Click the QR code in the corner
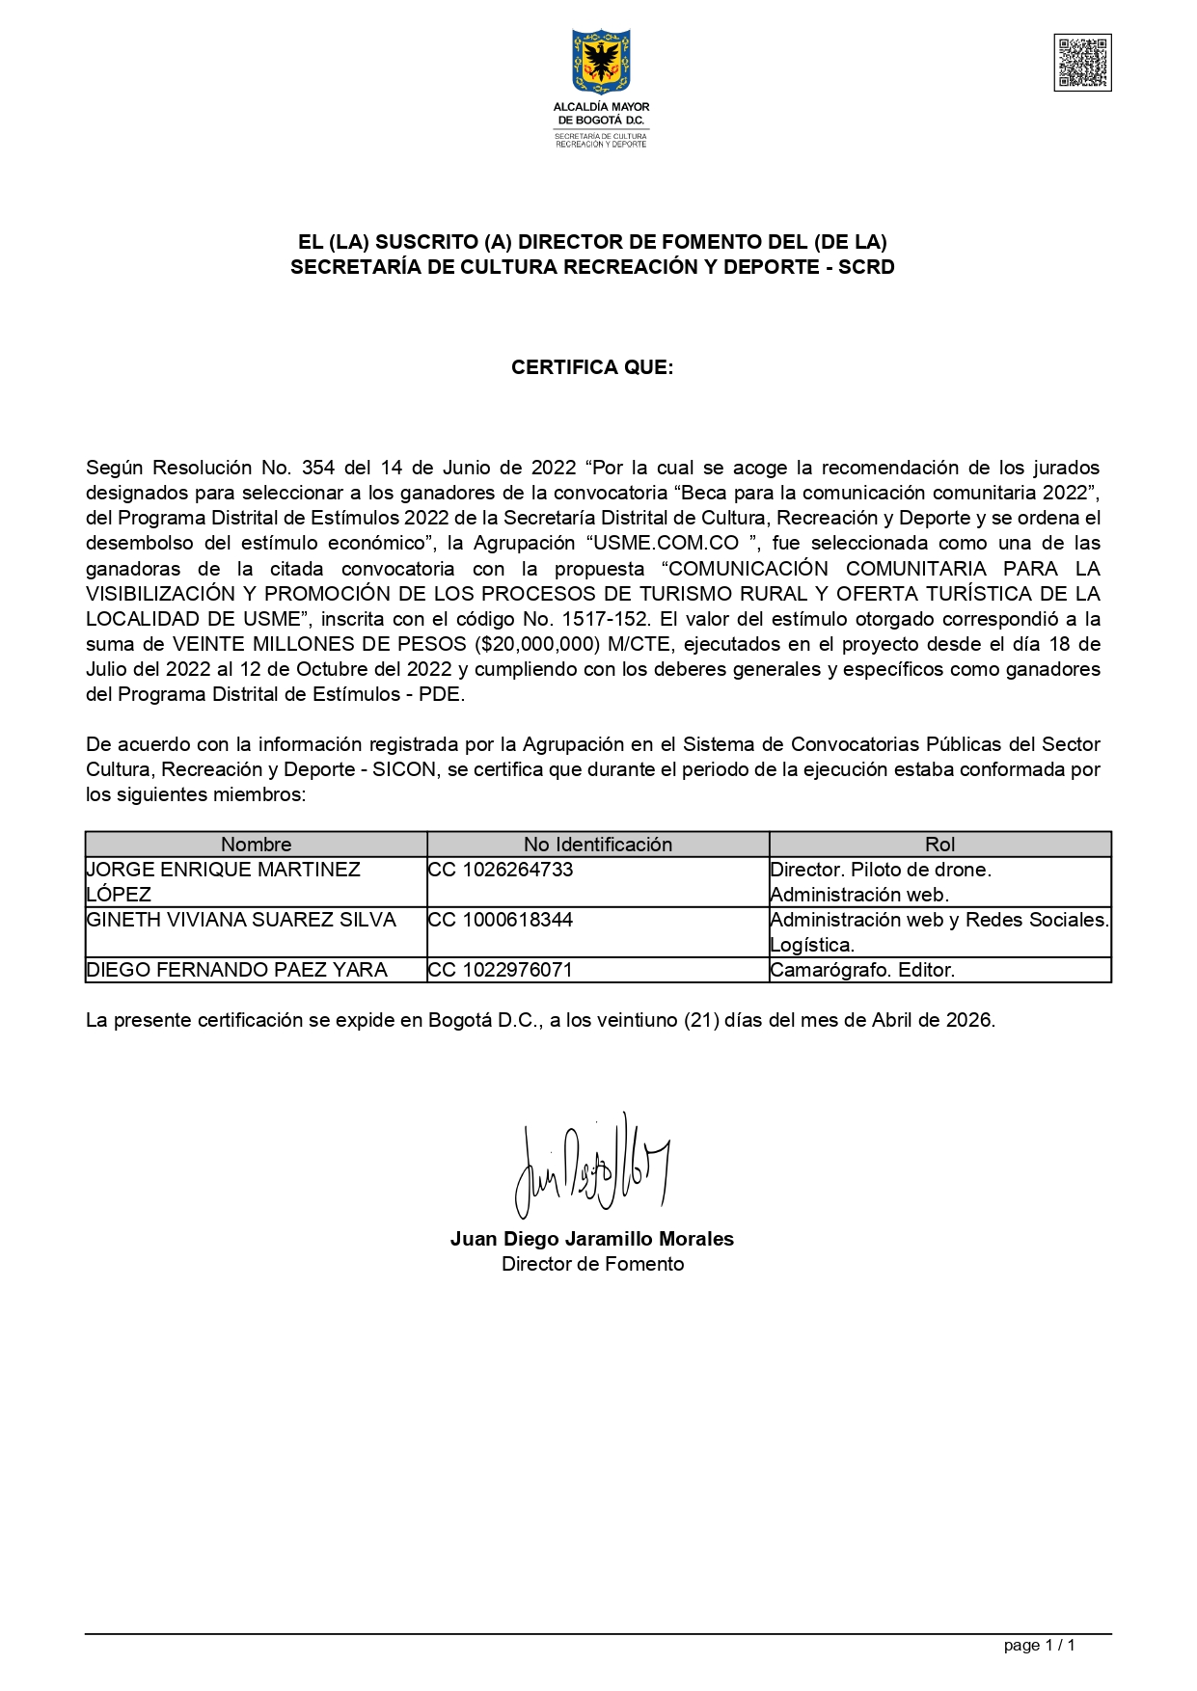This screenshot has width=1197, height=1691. click(x=1082, y=63)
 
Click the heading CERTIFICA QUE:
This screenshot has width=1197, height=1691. click(x=592, y=367)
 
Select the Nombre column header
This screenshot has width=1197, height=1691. click(x=256, y=845)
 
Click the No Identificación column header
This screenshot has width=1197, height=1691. click(x=598, y=845)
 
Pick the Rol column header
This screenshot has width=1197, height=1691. click(x=939, y=845)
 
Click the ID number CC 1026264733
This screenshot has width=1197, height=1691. click(x=501, y=870)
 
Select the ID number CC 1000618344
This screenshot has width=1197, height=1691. click(x=501, y=920)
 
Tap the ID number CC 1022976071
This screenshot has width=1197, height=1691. click(x=501, y=970)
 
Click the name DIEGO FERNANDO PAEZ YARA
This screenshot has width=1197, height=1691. click(x=237, y=970)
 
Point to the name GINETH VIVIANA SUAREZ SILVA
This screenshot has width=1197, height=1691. click(x=241, y=920)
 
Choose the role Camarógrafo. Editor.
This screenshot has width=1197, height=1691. click(x=862, y=970)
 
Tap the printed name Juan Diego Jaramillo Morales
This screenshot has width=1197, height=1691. click(x=592, y=1239)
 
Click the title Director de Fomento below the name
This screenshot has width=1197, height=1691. click(x=592, y=1264)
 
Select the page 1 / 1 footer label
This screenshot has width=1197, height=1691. click(x=1039, y=1645)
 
